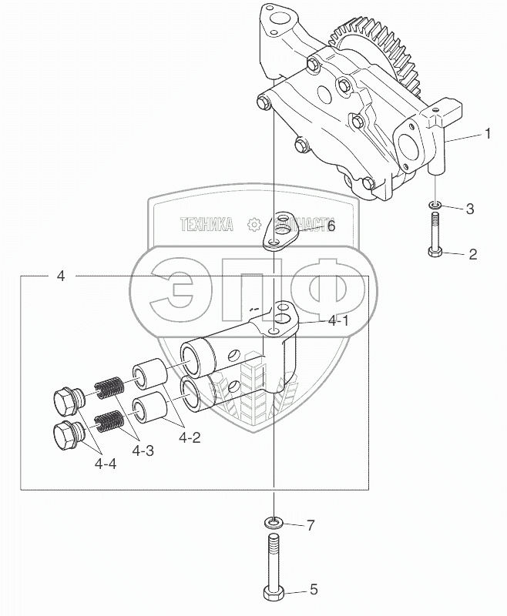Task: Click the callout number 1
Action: tap(487, 133)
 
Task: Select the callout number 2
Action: tap(472, 253)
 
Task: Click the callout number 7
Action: tap(311, 526)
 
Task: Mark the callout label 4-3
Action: tap(141, 451)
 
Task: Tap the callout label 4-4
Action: tap(107, 464)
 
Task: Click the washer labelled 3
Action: tap(435, 205)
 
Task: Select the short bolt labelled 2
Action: tap(435, 236)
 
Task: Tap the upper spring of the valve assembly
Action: tap(109, 387)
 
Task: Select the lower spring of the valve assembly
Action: tap(110, 420)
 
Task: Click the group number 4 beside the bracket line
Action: tap(61, 275)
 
